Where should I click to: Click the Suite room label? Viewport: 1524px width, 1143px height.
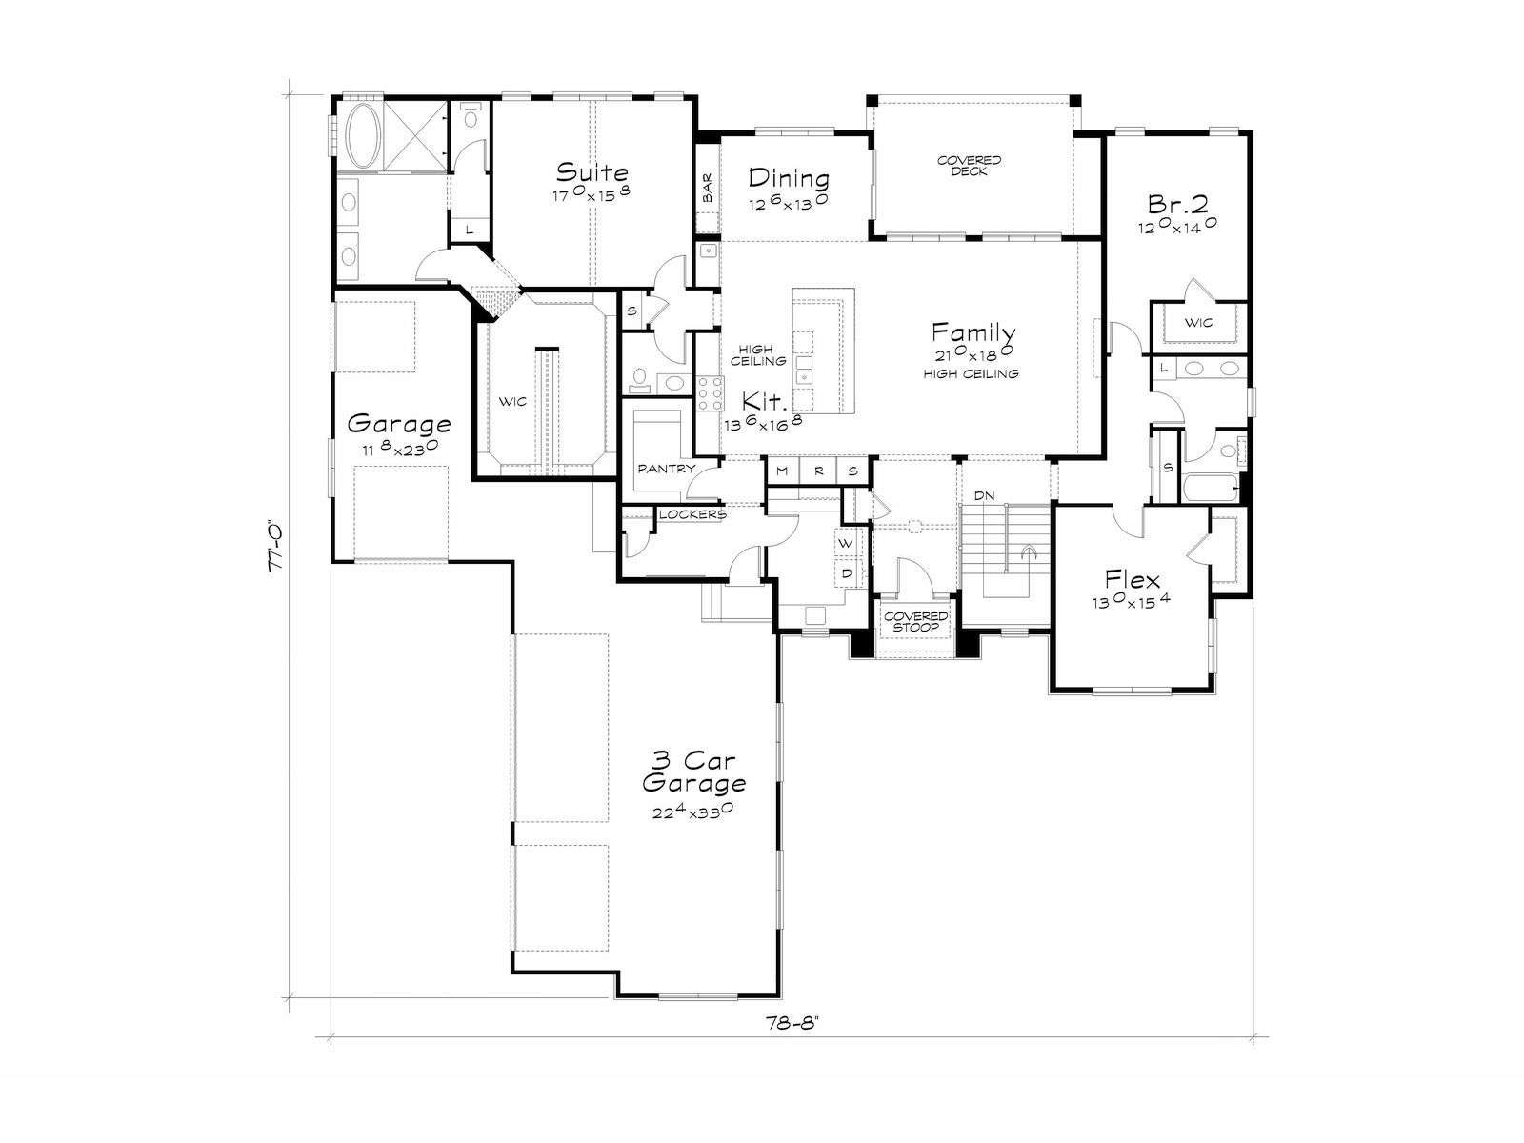coord(592,171)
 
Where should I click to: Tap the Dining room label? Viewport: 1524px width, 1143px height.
coord(789,178)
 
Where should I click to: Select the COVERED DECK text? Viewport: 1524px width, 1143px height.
coord(970,165)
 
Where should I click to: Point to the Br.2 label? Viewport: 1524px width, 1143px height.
coord(1178,204)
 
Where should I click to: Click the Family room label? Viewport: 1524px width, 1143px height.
coord(973,332)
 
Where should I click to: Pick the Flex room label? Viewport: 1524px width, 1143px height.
coord(1132,579)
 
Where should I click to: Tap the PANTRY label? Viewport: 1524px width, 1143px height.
coord(666,470)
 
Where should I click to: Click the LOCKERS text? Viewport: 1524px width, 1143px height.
coord(692,515)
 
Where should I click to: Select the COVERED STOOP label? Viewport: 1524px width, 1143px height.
coord(915,622)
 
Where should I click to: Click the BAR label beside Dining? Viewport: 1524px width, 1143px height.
coord(708,189)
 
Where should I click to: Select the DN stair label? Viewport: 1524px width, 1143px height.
coord(985,495)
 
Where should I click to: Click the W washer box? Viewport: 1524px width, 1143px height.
coord(846,543)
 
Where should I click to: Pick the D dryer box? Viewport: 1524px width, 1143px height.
coord(846,573)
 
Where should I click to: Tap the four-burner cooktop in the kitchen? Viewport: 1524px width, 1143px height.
coord(710,394)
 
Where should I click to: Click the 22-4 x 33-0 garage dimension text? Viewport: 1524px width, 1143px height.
coord(693,812)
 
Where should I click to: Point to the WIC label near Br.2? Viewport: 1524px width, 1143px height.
coord(1198,323)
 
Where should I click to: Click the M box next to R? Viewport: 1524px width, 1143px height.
coord(783,471)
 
